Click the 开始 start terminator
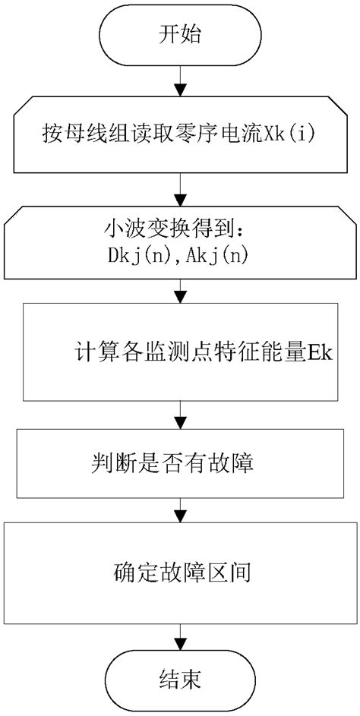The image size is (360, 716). (180, 35)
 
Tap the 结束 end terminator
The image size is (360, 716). (180, 680)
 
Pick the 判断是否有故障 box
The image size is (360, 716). (180, 462)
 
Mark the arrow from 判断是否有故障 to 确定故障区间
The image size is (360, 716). (180, 508)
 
